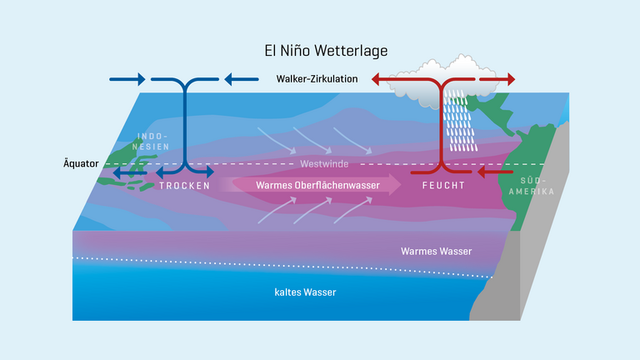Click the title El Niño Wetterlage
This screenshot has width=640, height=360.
(320, 52)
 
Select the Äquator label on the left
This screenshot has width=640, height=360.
(80, 163)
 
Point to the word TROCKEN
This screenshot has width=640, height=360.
(184, 186)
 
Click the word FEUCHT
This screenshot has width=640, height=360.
(442, 186)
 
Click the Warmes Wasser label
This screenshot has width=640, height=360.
(436, 251)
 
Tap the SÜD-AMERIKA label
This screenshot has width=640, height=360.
(533, 185)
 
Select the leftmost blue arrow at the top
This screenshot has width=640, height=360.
(127, 80)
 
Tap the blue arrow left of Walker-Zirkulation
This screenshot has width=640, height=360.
(240, 80)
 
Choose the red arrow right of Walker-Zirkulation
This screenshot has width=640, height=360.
(388, 80)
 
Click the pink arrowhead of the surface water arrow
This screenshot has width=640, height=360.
(390, 185)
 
